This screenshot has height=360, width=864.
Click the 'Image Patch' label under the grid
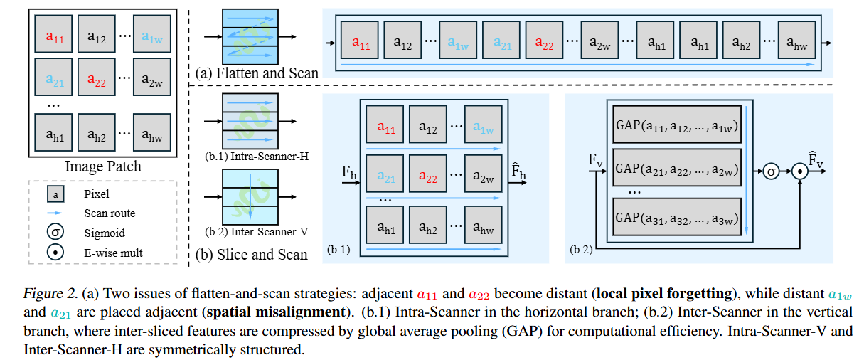(103, 167)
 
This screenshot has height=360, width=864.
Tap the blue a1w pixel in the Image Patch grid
(151, 37)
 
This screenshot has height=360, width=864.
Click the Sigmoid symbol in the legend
(54, 232)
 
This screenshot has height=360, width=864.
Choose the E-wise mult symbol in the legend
(54, 252)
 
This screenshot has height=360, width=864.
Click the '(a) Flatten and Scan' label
(257, 73)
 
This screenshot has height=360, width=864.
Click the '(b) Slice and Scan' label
(252, 254)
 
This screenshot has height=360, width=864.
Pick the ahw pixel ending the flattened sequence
(796, 43)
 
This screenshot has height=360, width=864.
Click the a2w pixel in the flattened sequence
(600, 43)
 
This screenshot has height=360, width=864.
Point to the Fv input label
(596, 162)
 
